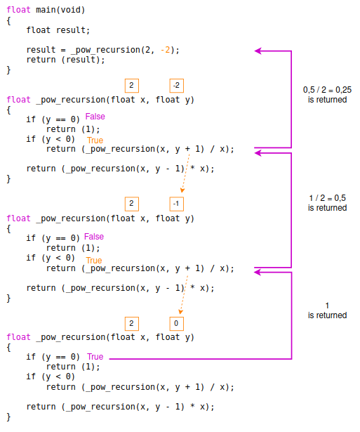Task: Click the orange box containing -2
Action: (176, 85)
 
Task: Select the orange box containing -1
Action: (176, 204)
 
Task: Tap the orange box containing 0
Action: (176, 323)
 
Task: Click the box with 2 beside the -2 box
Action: (131, 85)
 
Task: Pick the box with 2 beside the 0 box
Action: (131, 323)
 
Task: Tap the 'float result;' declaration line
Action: (58, 30)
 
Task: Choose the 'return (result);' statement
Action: (65, 60)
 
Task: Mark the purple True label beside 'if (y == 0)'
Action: (95, 357)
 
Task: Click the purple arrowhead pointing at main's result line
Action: (258, 51)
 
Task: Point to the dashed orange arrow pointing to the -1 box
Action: (185, 176)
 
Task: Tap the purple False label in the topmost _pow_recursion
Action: (95, 116)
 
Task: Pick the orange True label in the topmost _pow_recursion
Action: (94, 140)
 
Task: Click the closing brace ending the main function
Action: (9, 70)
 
